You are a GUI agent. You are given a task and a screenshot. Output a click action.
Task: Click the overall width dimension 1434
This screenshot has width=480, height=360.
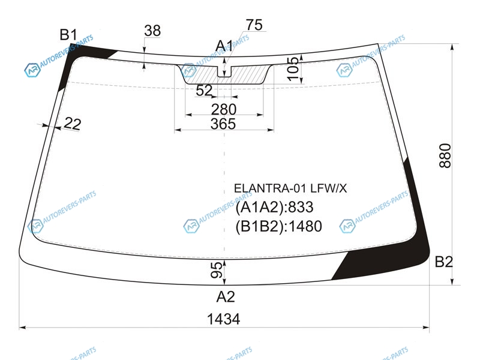pos(223,319)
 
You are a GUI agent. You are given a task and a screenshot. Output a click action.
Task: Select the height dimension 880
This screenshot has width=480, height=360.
pos(445,156)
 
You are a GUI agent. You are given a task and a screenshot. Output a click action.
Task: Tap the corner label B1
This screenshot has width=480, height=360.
pos(68,35)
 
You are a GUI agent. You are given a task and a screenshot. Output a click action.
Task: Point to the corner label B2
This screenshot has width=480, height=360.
pos(443,262)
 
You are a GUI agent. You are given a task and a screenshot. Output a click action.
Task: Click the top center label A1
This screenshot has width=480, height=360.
pos(224,46)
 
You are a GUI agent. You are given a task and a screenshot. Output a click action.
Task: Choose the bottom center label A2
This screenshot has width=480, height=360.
pos(226,296)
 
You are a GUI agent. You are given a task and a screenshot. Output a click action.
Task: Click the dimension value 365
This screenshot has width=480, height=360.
pos(223,124)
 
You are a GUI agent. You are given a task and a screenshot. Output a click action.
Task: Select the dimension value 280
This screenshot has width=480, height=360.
pos(224,109)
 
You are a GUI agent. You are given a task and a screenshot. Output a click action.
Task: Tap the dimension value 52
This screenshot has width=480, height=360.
pos(204,91)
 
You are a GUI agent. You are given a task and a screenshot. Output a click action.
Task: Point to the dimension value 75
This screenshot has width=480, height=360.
pos(254,25)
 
